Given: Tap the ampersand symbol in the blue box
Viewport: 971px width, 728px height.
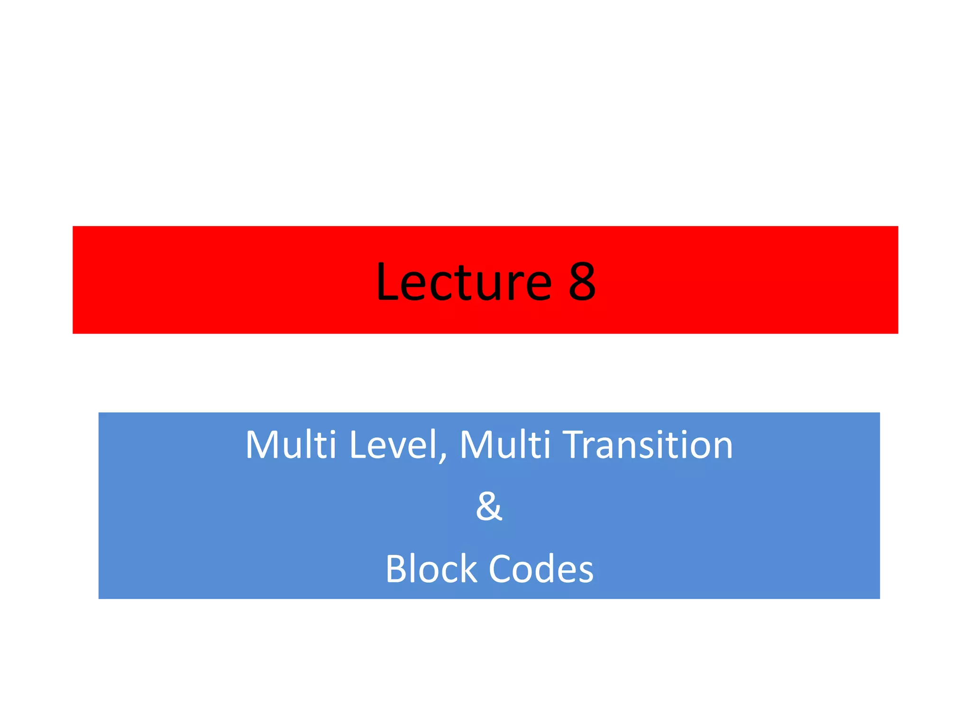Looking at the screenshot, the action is [x=488, y=506].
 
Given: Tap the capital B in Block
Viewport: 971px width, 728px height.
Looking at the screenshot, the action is [x=396, y=568].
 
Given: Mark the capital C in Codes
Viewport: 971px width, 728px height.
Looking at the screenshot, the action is [x=501, y=568].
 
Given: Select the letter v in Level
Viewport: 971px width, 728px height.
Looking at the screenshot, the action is [x=397, y=448].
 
